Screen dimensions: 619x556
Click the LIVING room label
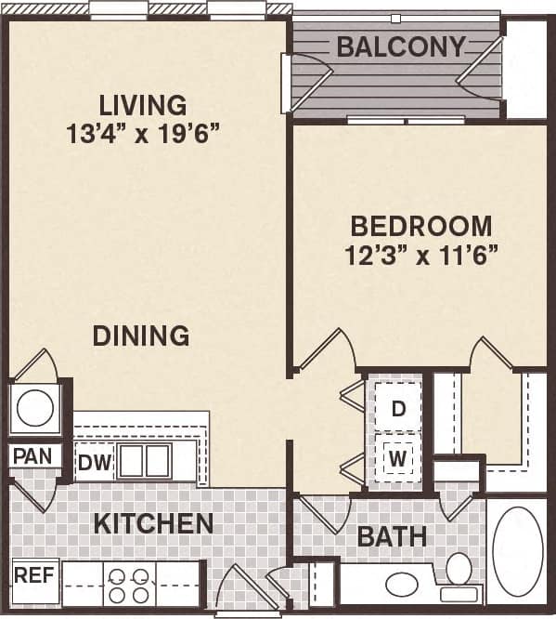click(143, 105)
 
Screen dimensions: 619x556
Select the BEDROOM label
click(420, 226)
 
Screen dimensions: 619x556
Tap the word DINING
click(141, 336)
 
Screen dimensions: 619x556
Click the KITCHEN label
click(153, 523)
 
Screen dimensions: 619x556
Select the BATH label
click(392, 536)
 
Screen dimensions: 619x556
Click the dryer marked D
click(398, 408)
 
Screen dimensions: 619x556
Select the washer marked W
click(398, 458)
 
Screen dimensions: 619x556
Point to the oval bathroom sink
click(402, 585)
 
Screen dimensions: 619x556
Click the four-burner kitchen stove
click(129, 585)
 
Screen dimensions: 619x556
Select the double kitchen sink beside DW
click(144, 461)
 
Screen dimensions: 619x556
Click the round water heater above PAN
click(35, 408)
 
